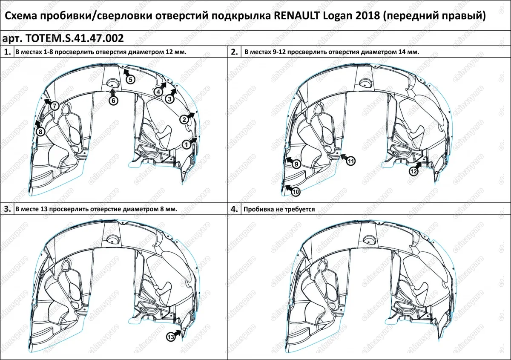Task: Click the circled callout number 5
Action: click(130, 80)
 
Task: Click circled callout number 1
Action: click(186, 145)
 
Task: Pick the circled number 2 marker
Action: click(184, 120)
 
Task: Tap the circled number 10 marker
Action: click(296, 192)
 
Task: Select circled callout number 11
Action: click(350, 161)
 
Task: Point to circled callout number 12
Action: click(413, 171)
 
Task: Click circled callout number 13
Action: click(170, 337)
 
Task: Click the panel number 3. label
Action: click(7, 209)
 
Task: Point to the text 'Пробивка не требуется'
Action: click(278, 210)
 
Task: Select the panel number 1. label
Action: click(7, 52)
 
